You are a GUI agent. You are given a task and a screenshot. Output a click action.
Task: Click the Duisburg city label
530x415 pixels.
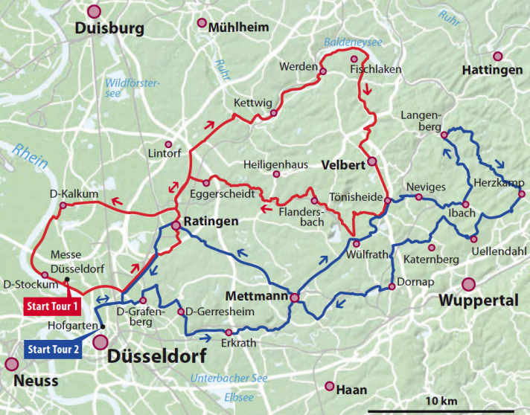[x=107, y=30]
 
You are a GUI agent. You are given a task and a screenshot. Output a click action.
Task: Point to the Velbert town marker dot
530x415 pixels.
[x=371, y=161]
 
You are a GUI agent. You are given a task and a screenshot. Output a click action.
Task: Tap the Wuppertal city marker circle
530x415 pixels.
[x=468, y=283]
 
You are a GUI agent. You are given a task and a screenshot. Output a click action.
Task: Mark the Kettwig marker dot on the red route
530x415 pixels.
[x=273, y=113]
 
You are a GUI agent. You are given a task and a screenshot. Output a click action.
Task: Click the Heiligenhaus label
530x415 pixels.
[x=275, y=164]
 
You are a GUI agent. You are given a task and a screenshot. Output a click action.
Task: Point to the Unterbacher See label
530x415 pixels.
[x=229, y=378]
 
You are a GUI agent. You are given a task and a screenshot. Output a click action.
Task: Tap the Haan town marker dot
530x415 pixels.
[x=330, y=385]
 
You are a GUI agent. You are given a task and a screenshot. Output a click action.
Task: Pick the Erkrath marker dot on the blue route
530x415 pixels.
[x=229, y=332]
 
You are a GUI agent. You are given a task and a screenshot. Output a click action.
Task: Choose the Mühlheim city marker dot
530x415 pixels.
[x=202, y=23]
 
